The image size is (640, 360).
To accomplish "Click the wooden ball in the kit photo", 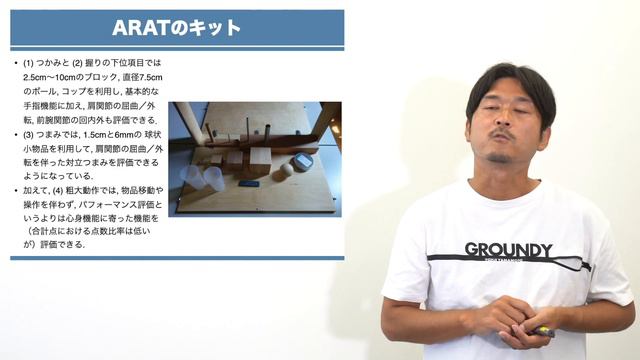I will click(x=287, y=170).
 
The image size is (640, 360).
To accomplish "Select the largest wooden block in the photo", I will click(x=260, y=161).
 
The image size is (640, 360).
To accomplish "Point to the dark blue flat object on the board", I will click(x=249, y=183).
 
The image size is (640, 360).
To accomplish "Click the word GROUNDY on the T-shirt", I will click(x=507, y=249).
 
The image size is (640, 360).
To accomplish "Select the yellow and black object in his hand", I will click(x=546, y=330).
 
